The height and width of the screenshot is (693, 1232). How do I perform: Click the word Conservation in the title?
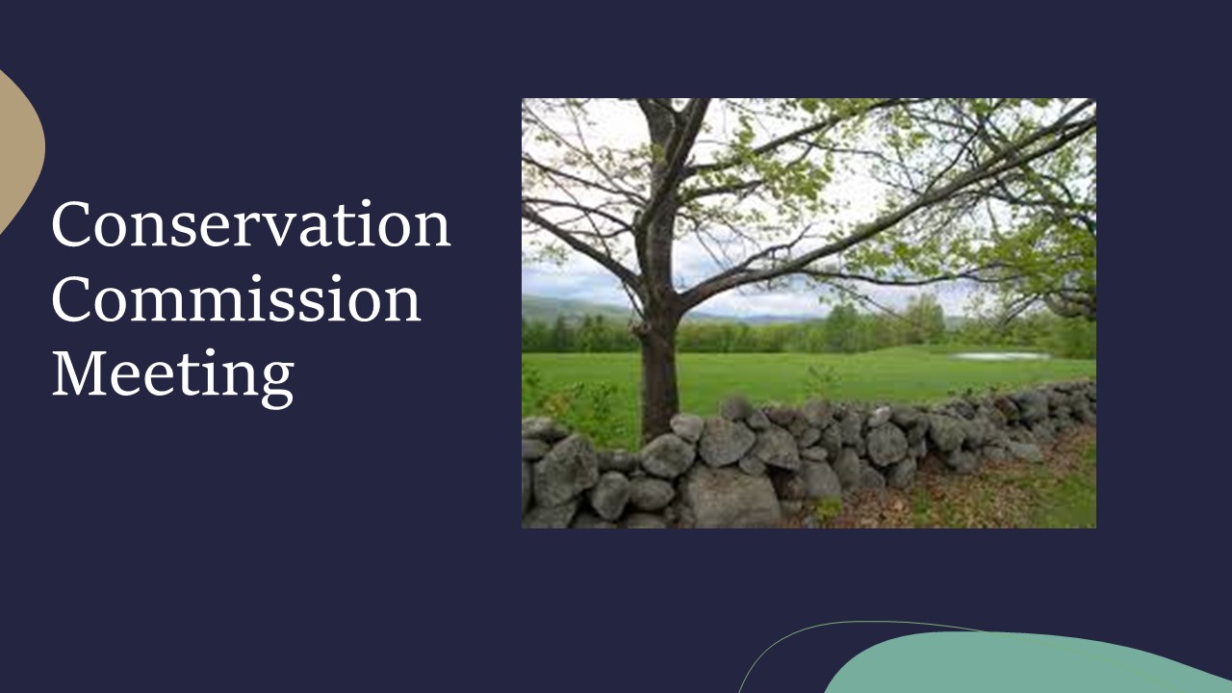pos(251,224)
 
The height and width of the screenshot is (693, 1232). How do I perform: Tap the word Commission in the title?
pos(237,298)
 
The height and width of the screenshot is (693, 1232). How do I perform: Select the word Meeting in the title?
pos(172,376)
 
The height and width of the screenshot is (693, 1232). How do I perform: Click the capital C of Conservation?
pos(70,224)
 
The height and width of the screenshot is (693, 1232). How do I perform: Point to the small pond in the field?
pos(1001,356)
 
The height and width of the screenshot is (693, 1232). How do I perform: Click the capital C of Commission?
pos(70,298)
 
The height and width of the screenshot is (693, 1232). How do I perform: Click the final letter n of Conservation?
pos(433,231)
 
